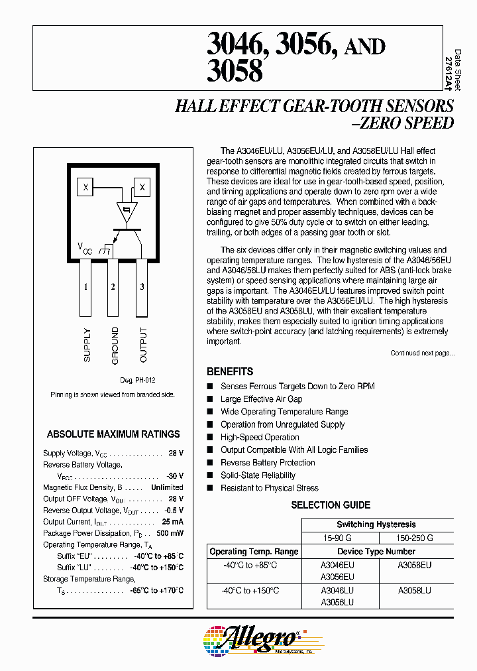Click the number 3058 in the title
coord(235,71)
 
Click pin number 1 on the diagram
coord(86,286)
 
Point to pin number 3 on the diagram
coord(142,286)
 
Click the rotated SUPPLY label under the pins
coord(87,345)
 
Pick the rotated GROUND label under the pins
coord(115,345)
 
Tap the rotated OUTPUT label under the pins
coord(143,345)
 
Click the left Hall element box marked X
coord(85,188)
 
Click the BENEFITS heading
coord(230,372)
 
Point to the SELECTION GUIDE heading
coord(331,505)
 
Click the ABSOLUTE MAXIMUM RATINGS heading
coord(113,434)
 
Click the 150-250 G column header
coord(415,538)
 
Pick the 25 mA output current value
coord(173,522)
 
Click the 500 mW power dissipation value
coord(170,533)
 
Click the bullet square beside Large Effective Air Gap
coord(210,399)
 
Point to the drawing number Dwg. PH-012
coord(137,380)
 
